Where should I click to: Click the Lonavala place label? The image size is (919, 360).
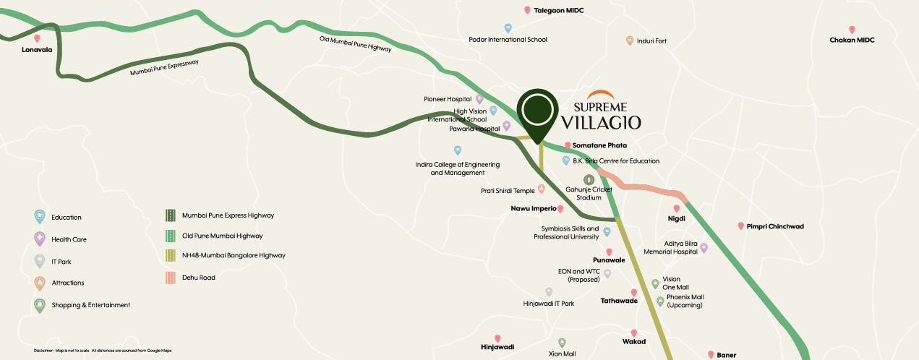[37, 51]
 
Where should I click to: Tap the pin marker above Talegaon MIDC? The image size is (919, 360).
[527, 10]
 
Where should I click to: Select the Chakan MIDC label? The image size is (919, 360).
[852, 40]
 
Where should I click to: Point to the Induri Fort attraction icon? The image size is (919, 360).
[630, 40]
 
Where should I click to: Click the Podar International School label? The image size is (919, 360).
[508, 40]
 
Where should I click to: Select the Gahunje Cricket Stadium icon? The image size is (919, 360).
[589, 179]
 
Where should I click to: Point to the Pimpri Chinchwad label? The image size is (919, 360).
[776, 226]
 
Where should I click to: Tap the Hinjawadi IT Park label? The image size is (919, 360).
[548, 304]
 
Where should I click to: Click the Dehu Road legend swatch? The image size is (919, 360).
[170, 277]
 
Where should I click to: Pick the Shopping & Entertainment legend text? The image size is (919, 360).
[90, 305]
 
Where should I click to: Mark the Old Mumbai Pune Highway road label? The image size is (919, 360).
[355, 44]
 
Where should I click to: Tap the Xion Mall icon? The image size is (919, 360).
[562, 343]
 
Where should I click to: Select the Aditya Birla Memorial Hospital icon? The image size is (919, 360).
[704, 248]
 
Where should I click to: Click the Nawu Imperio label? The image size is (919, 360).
[529, 208]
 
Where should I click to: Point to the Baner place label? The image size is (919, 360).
[726, 355]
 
